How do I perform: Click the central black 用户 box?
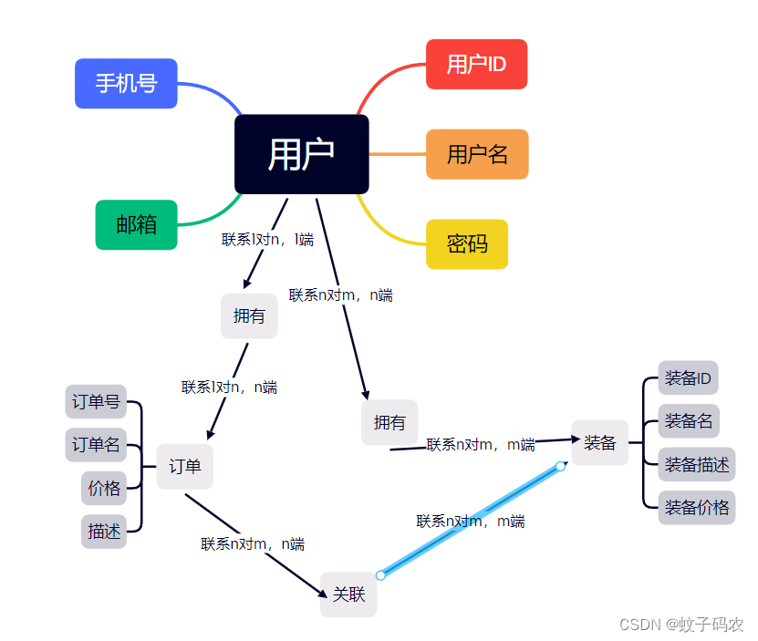point(301,154)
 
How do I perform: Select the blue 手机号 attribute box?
point(126,84)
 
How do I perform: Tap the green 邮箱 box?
point(136,224)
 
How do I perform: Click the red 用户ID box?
point(476,64)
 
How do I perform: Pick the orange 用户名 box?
point(476,154)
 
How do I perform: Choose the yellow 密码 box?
point(466,243)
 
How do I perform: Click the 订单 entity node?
point(184,466)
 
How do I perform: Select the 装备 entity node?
point(599,442)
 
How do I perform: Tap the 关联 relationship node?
point(348,594)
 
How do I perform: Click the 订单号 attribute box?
point(96,401)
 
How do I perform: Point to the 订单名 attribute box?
point(96,445)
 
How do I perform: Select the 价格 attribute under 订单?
point(104,488)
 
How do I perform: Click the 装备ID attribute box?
point(688,377)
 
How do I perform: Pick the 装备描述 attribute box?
point(696,464)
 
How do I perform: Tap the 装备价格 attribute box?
point(696,507)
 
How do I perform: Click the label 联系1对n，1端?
point(267,240)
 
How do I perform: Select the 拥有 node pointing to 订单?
point(249,315)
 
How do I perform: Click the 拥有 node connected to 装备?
point(389,422)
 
